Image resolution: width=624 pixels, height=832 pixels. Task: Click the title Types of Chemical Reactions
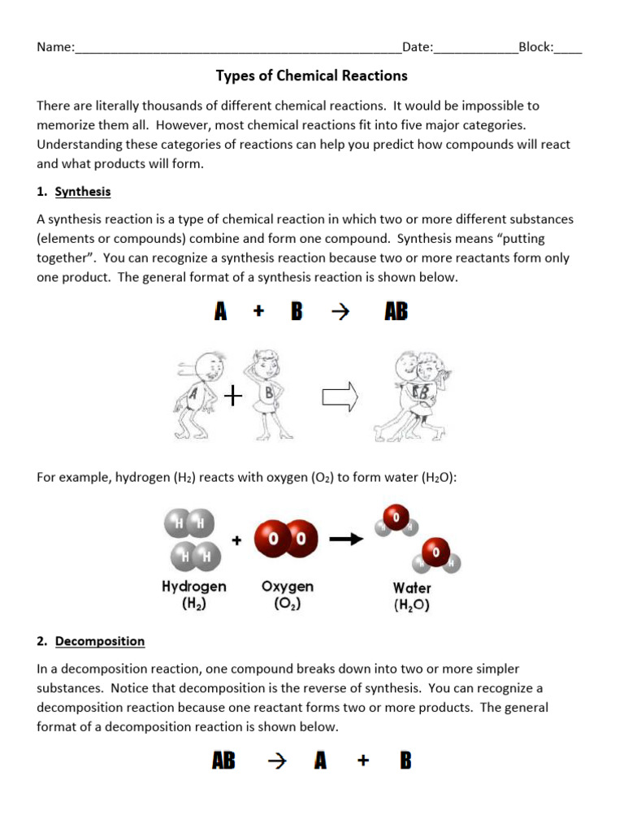tap(311, 76)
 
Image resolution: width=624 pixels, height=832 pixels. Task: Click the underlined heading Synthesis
tap(82, 192)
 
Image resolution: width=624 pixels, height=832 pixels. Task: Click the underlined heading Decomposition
tap(100, 641)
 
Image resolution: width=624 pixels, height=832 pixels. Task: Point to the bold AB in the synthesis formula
tap(396, 312)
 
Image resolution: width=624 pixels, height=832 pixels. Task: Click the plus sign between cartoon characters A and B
tap(234, 396)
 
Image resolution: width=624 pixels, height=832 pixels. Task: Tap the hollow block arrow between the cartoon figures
tap(340, 396)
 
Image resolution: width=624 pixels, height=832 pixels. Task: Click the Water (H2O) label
tap(412, 596)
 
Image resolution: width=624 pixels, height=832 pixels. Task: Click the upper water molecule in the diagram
tap(393, 520)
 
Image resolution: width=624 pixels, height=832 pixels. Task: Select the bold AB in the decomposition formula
tap(223, 761)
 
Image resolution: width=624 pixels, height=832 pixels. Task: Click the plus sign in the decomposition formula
tap(362, 761)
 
